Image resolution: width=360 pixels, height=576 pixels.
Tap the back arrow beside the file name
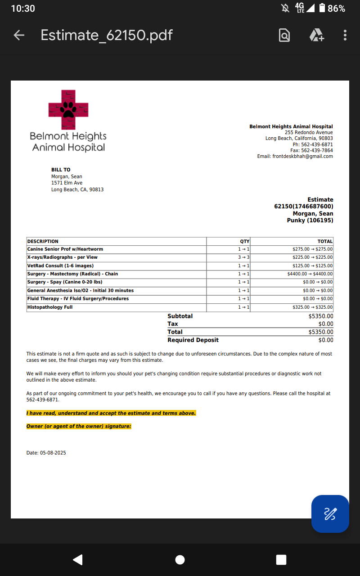(19, 35)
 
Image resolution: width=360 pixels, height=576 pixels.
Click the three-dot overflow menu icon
(345, 35)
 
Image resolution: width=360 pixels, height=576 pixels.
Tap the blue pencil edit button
(330, 513)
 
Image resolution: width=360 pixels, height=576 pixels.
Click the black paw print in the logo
(68, 109)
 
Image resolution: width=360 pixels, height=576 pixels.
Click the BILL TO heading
(61, 170)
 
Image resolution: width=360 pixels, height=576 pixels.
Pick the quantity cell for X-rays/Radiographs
(244, 257)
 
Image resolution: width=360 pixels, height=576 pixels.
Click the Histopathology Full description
(50, 307)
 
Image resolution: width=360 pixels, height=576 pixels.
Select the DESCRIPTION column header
(43, 241)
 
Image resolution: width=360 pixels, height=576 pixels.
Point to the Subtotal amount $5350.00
(321, 316)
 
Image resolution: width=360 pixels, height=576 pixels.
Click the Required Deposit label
(193, 340)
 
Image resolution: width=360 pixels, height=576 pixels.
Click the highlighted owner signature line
(79, 426)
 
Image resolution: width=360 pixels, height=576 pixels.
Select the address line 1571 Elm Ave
(67, 183)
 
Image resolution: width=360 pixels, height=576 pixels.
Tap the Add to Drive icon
(317, 35)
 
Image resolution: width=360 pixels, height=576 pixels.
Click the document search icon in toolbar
(284, 35)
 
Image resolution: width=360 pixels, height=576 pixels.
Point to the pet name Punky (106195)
(310, 220)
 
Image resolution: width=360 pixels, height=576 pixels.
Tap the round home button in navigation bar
(180, 559)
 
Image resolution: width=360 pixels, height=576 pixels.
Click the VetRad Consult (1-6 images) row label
(60, 265)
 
